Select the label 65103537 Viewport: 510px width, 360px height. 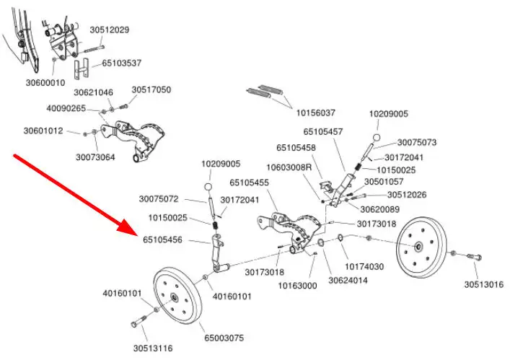[x=121, y=63]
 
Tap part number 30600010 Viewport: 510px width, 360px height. [x=45, y=82]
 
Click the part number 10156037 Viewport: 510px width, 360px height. [x=315, y=113]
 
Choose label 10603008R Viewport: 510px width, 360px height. [x=289, y=167]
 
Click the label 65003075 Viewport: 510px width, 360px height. [x=224, y=337]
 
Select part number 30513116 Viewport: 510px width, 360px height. [x=152, y=348]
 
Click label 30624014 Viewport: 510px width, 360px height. [x=348, y=280]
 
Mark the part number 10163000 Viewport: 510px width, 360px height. [x=298, y=286]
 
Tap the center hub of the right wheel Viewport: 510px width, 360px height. [x=418, y=246]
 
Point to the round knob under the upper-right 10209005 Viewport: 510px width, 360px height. [x=377, y=137]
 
